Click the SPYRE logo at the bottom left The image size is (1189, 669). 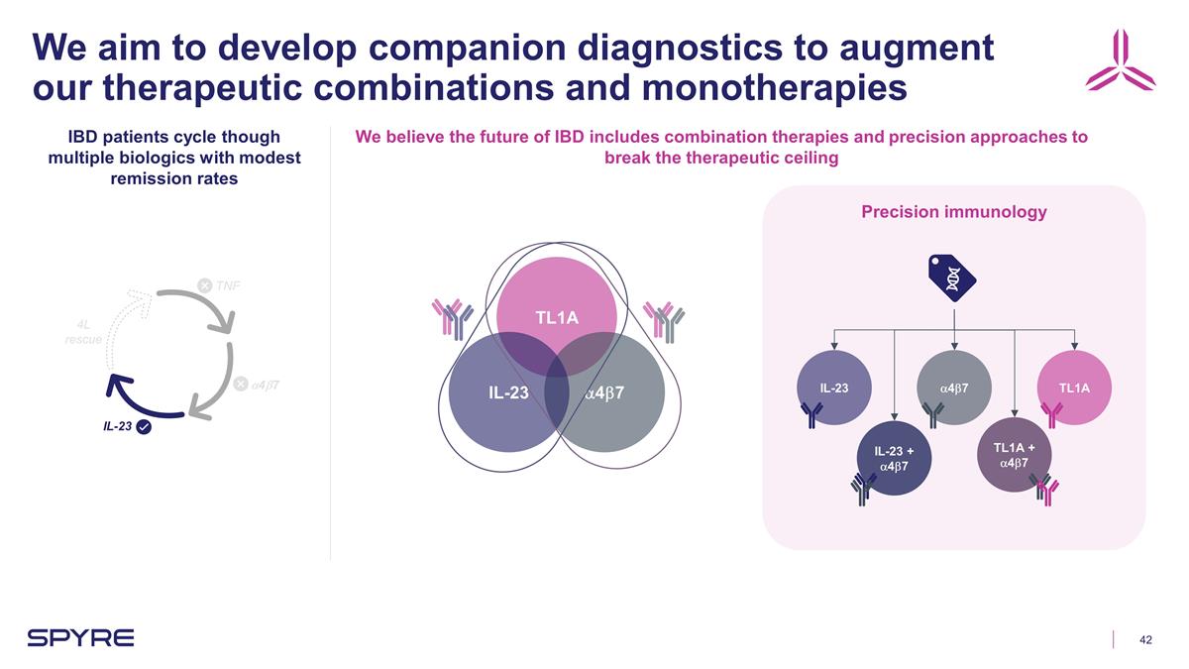point(80,637)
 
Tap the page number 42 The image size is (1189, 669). point(1145,639)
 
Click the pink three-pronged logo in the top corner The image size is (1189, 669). point(1120,60)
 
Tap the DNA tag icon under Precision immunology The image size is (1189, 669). point(952,278)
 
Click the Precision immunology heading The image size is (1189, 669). point(953,211)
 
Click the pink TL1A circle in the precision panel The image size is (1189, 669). point(1074,388)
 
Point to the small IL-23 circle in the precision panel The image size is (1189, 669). point(834,388)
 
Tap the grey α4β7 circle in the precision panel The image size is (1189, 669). point(953,388)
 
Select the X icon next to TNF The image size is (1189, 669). point(204,285)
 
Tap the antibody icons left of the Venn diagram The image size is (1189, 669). point(453,316)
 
